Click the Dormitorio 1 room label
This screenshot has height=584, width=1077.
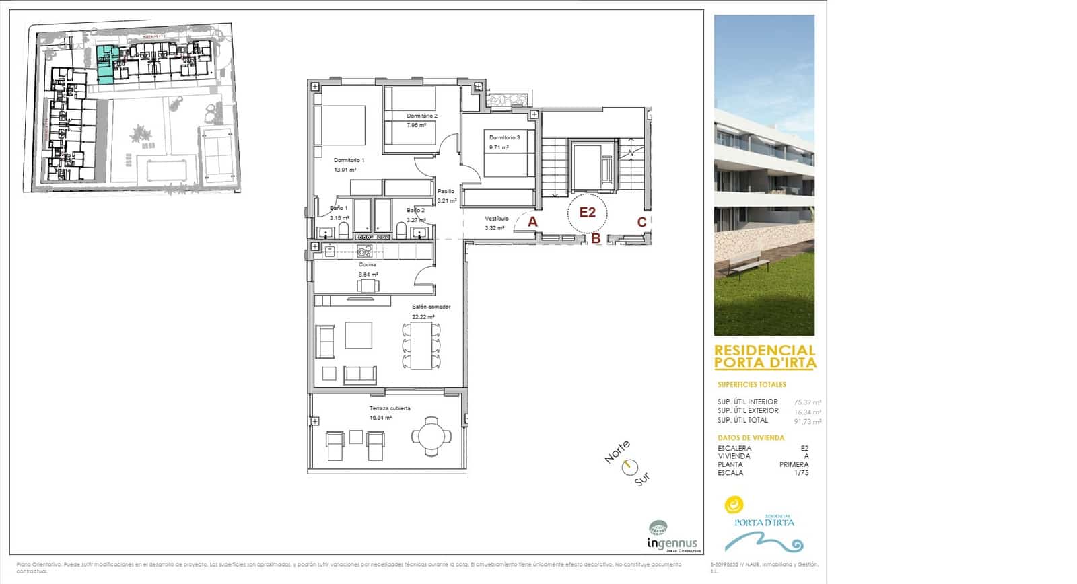349,160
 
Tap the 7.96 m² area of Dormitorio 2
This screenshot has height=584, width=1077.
416,125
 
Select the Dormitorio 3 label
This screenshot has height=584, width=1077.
504,137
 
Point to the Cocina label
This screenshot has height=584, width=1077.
368,264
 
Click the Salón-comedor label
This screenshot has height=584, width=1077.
431,307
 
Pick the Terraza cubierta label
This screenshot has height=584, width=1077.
389,408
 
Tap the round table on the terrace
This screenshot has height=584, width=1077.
431,436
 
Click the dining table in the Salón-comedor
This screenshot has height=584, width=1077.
421,345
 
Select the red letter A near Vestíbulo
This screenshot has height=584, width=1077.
532,221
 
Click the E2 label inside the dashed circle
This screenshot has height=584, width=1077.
588,213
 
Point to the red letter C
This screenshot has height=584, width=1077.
641,222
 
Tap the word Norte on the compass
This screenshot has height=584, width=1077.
617,451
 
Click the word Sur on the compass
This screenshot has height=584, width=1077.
642,480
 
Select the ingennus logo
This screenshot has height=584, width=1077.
672,536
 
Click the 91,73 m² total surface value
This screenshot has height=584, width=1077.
807,422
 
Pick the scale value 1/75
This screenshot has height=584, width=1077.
801,473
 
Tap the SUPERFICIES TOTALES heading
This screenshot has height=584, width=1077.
751,385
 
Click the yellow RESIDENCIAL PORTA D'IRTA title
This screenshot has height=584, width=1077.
765,357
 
